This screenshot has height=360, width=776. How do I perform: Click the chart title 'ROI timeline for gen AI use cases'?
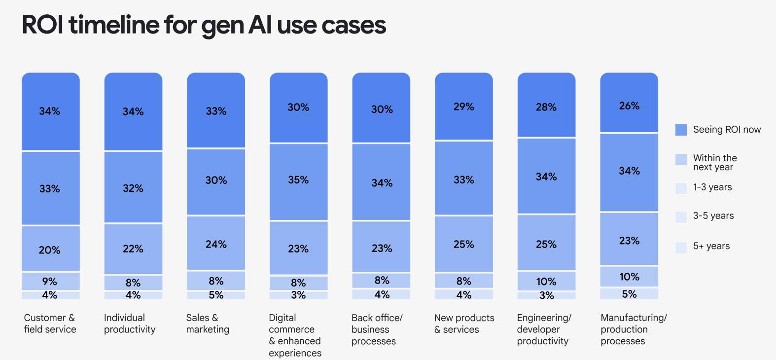(x=204, y=25)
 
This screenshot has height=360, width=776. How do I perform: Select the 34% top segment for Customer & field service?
(x=50, y=111)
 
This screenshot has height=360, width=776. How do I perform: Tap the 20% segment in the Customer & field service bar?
(x=50, y=250)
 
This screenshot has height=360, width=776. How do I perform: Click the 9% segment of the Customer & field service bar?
(x=50, y=281)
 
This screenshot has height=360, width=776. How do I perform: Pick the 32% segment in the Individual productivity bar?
(x=133, y=188)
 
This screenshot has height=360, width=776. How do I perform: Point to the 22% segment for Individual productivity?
(x=133, y=249)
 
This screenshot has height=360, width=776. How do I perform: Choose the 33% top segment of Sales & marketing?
(x=216, y=111)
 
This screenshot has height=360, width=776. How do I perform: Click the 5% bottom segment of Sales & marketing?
(x=216, y=295)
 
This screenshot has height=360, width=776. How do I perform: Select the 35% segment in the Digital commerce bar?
(x=298, y=180)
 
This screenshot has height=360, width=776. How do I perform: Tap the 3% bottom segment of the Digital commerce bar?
(x=298, y=295)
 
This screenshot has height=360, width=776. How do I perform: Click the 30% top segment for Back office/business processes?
(x=381, y=109)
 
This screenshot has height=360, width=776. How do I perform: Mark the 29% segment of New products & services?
(x=464, y=107)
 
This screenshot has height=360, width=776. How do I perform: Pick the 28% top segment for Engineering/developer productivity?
(x=546, y=107)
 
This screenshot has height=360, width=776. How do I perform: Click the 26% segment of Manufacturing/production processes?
(x=629, y=106)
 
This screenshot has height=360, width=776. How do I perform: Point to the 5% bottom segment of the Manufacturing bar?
(x=629, y=294)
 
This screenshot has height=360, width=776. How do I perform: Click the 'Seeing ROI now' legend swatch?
(x=681, y=130)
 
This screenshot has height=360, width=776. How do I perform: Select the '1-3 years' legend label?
(x=712, y=187)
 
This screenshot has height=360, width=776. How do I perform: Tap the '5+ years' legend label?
(x=711, y=246)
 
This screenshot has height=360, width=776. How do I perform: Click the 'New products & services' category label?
(x=464, y=324)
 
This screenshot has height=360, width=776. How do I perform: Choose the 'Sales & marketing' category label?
(x=208, y=324)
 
